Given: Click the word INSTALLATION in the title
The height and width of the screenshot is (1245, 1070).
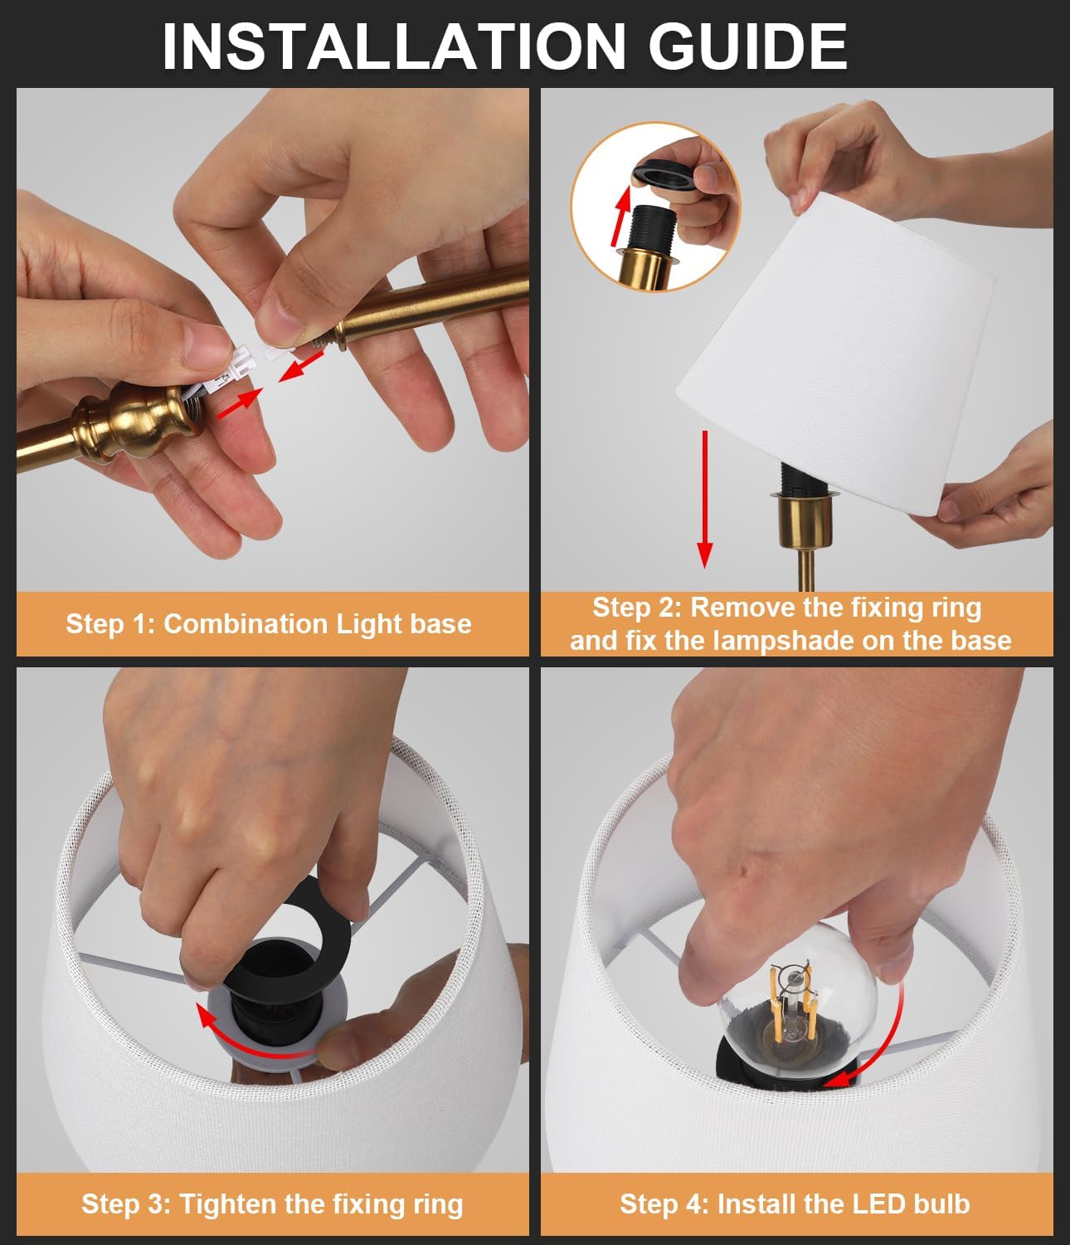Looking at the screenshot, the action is pyautogui.click(x=394, y=46).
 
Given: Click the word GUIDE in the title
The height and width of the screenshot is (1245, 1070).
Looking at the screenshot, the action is pyautogui.click(x=748, y=46).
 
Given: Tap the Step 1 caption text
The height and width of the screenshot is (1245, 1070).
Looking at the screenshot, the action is pyautogui.click(x=269, y=624).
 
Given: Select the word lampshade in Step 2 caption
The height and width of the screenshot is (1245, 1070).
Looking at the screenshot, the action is pyautogui.click(x=784, y=641).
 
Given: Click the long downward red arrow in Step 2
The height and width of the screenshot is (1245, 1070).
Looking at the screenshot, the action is pyautogui.click(x=705, y=499).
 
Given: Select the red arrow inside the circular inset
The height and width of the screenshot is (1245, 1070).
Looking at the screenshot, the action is pyautogui.click(x=621, y=217).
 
